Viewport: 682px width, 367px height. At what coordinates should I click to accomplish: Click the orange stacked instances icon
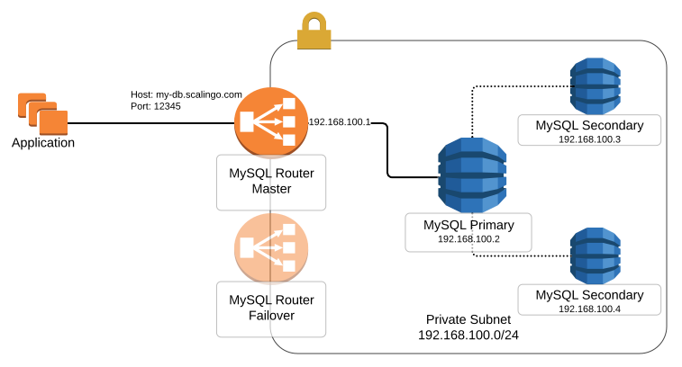(42, 113)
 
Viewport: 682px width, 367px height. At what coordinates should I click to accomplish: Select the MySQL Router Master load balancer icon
(271, 122)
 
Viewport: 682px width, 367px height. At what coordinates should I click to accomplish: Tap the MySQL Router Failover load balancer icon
(271, 248)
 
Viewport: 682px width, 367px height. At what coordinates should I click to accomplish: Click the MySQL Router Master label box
(271, 182)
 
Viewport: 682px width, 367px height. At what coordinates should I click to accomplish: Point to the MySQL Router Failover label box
(271, 308)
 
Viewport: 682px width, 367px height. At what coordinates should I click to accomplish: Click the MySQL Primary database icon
(472, 175)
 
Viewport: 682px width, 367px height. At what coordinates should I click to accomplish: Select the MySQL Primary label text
(468, 225)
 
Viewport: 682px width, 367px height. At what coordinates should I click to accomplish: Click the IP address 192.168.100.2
(468, 239)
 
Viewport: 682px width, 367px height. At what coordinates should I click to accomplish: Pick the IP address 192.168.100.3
(589, 139)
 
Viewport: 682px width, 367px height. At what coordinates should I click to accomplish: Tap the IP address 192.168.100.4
(589, 309)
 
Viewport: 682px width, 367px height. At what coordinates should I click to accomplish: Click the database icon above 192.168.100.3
(595, 86)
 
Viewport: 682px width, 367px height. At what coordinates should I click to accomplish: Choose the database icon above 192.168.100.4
(595, 255)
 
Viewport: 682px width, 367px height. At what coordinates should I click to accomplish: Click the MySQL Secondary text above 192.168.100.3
(589, 125)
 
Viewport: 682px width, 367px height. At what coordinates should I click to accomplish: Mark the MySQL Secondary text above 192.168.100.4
(589, 294)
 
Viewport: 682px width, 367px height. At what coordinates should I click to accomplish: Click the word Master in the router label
(271, 190)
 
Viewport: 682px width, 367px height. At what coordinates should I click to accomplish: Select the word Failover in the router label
(271, 316)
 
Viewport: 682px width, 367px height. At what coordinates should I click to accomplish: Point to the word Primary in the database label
(490, 225)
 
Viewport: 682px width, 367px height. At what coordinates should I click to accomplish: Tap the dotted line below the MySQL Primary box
(472, 246)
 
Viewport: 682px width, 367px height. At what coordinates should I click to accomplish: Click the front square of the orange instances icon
(52, 123)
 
